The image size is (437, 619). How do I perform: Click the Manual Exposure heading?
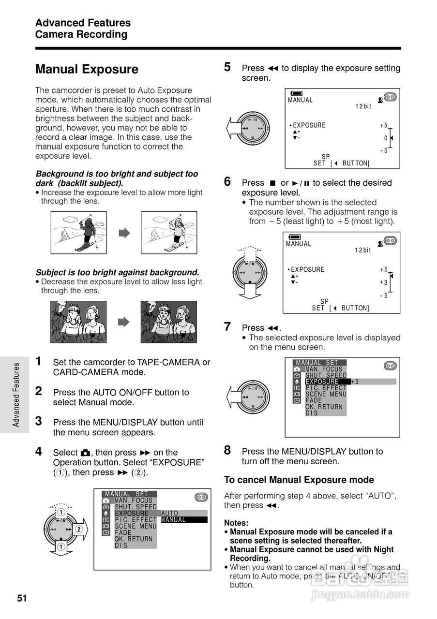pos(87,70)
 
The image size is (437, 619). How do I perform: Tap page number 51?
pos(22,598)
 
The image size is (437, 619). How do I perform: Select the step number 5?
pos(227,67)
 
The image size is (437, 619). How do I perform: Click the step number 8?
pos(227,450)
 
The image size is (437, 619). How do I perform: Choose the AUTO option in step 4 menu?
pos(170,514)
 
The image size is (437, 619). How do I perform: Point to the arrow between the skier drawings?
pos(124,233)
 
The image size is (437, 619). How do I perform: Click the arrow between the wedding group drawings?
pos(124,322)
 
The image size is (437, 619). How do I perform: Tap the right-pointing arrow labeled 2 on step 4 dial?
pos(80,529)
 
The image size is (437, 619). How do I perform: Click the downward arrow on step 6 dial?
pos(250,290)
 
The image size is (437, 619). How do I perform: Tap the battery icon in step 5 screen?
pos(296,93)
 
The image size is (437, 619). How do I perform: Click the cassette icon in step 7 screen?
pos(390,366)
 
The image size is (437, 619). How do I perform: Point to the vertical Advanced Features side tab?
pos(16,395)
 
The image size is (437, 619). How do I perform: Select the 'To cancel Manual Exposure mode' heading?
pos(299,480)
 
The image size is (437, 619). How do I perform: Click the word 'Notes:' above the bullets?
pos(236,523)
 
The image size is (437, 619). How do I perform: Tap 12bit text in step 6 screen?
pos(363,250)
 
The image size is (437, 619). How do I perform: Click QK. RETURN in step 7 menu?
pos(324,407)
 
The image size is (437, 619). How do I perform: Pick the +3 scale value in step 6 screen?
pos(384,282)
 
